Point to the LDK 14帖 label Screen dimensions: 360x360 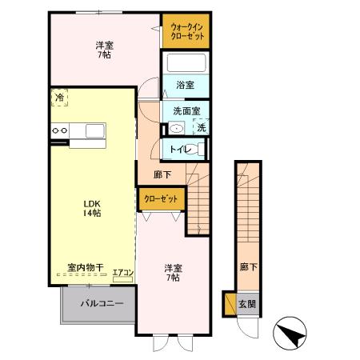click(92, 208)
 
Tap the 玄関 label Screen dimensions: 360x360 click(250, 304)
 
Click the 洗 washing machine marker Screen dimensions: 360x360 click(202, 128)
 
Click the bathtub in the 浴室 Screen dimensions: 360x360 click(185, 62)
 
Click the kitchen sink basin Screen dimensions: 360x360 click(94, 130)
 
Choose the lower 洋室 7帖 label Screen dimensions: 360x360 click(171, 273)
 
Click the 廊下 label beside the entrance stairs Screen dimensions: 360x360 click(247, 268)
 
